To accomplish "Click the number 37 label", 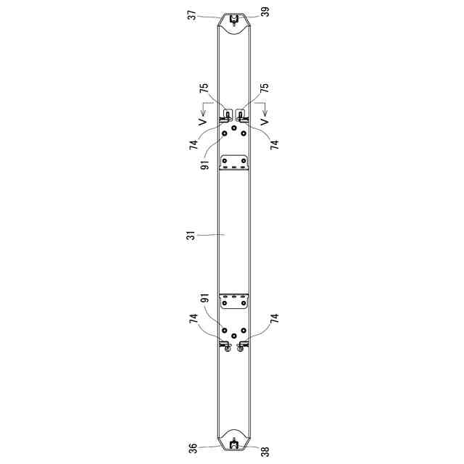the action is tap(193, 14).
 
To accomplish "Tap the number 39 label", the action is tap(266, 12).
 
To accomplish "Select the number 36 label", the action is tap(193, 448).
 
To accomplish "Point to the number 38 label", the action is tap(266, 452).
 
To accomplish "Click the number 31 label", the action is tap(193, 235).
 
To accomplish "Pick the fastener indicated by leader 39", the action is tap(233, 20).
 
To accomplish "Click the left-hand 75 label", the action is tap(204, 88).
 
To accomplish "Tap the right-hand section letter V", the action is tap(265, 122).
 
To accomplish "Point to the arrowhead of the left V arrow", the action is tap(203, 114).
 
